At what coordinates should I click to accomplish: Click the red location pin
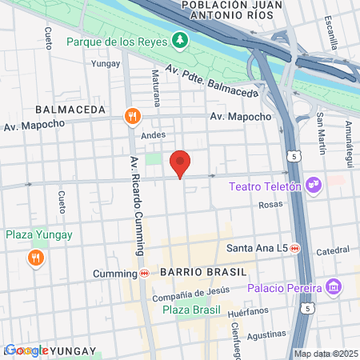(x=181, y=164)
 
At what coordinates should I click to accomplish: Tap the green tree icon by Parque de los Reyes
(x=182, y=39)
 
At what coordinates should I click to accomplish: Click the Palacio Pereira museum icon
(x=334, y=286)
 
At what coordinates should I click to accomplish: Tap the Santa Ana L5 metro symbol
(x=295, y=248)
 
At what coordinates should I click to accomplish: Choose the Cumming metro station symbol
(x=144, y=273)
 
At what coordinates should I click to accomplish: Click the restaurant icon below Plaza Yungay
(x=35, y=258)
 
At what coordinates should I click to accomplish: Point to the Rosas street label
(x=272, y=205)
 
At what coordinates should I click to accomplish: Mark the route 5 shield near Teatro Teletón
(x=296, y=156)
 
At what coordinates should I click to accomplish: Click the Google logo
(x=26, y=350)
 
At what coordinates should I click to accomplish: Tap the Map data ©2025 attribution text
(x=324, y=354)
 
